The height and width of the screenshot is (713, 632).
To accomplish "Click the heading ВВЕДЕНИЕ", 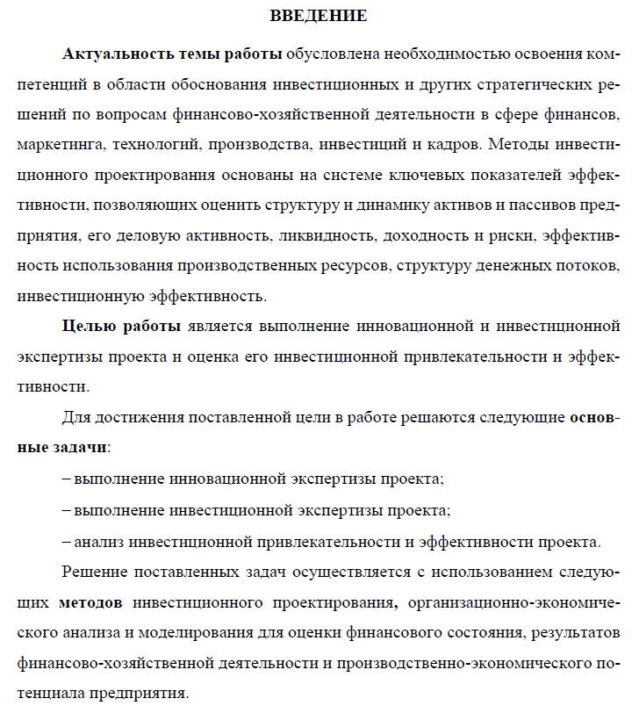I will click(x=318, y=16).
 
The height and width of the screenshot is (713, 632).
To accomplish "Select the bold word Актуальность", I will click(x=114, y=53).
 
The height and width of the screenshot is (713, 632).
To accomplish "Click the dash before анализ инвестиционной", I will click(x=67, y=540).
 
